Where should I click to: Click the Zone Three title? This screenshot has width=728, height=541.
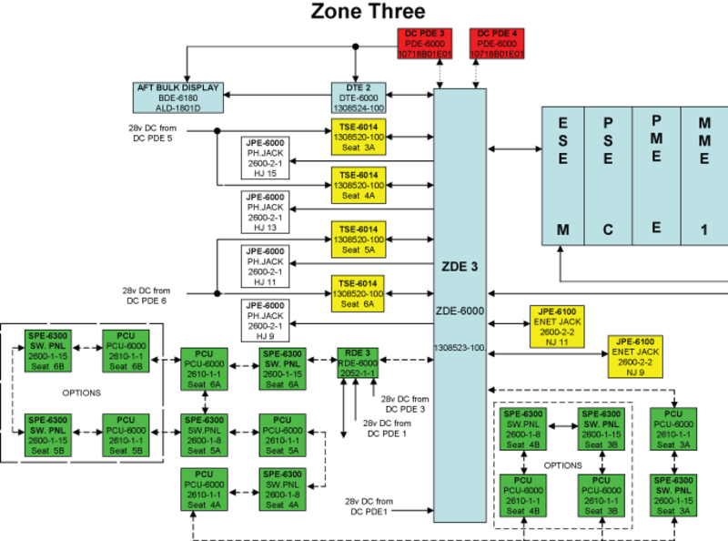368,12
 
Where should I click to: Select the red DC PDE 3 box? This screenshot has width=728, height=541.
425,44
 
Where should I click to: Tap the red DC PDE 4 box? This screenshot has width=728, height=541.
498,44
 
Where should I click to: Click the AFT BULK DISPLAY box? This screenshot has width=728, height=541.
177,97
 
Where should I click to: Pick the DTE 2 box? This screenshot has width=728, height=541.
358,97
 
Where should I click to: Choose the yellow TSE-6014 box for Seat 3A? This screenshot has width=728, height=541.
359,136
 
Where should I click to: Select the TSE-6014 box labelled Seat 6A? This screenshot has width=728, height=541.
359,292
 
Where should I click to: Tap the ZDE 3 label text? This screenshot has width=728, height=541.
460,266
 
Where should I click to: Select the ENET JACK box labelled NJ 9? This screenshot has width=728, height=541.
633,356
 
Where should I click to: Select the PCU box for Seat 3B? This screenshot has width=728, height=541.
601,495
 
